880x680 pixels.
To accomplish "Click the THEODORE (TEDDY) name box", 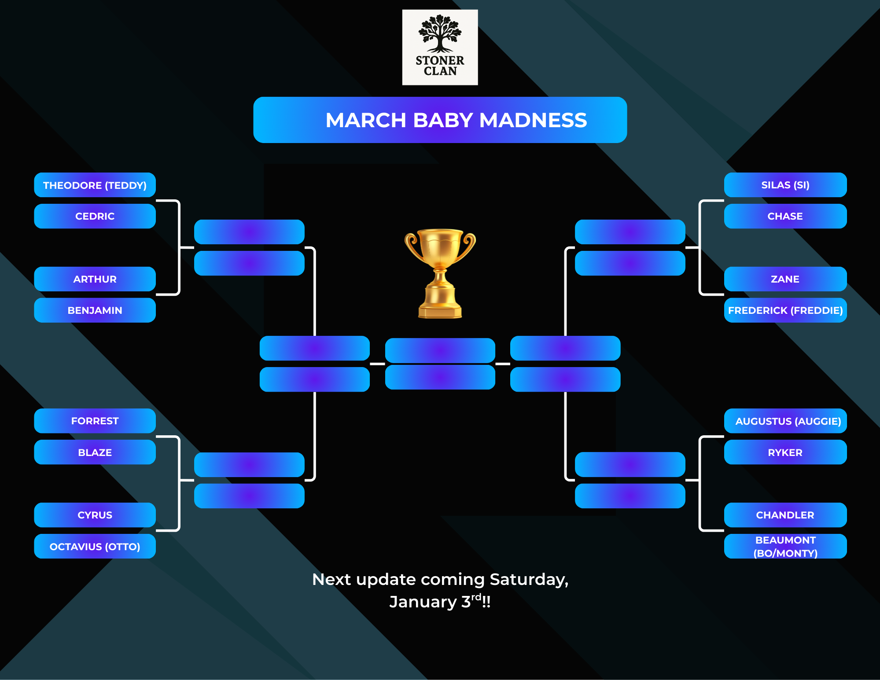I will click(x=95, y=185).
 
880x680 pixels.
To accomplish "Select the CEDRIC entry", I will click(x=95, y=216).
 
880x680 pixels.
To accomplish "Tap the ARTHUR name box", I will click(x=95, y=279).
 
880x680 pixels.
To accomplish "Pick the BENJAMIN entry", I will click(x=95, y=310).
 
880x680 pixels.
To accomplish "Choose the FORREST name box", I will click(x=95, y=421).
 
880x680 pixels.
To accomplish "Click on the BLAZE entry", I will click(x=95, y=452).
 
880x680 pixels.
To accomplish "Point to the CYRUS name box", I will click(x=95, y=515).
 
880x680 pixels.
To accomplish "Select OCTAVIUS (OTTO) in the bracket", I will click(x=95, y=546).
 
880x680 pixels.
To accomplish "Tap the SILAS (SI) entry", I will click(x=785, y=185).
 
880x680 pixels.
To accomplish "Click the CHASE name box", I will click(x=785, y=216).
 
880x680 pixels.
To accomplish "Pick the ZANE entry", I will click(x=785, y=279).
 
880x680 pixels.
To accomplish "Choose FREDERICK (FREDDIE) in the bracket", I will click(x=785, y=310).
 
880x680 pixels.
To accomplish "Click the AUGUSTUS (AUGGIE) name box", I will click(x=785, y=421).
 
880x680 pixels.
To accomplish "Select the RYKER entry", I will click(x=785, y=452).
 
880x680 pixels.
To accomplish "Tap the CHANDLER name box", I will click(x=785, y=515).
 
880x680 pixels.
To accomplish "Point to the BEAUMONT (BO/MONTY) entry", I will click(x=785, y=546).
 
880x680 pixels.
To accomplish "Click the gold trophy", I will click(x=440, y=273).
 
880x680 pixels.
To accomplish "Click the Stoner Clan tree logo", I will click(x=440, y=47).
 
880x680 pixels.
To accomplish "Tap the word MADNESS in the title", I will click(x=533, y=120).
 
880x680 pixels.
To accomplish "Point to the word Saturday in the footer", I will click(x=528, y=580).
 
